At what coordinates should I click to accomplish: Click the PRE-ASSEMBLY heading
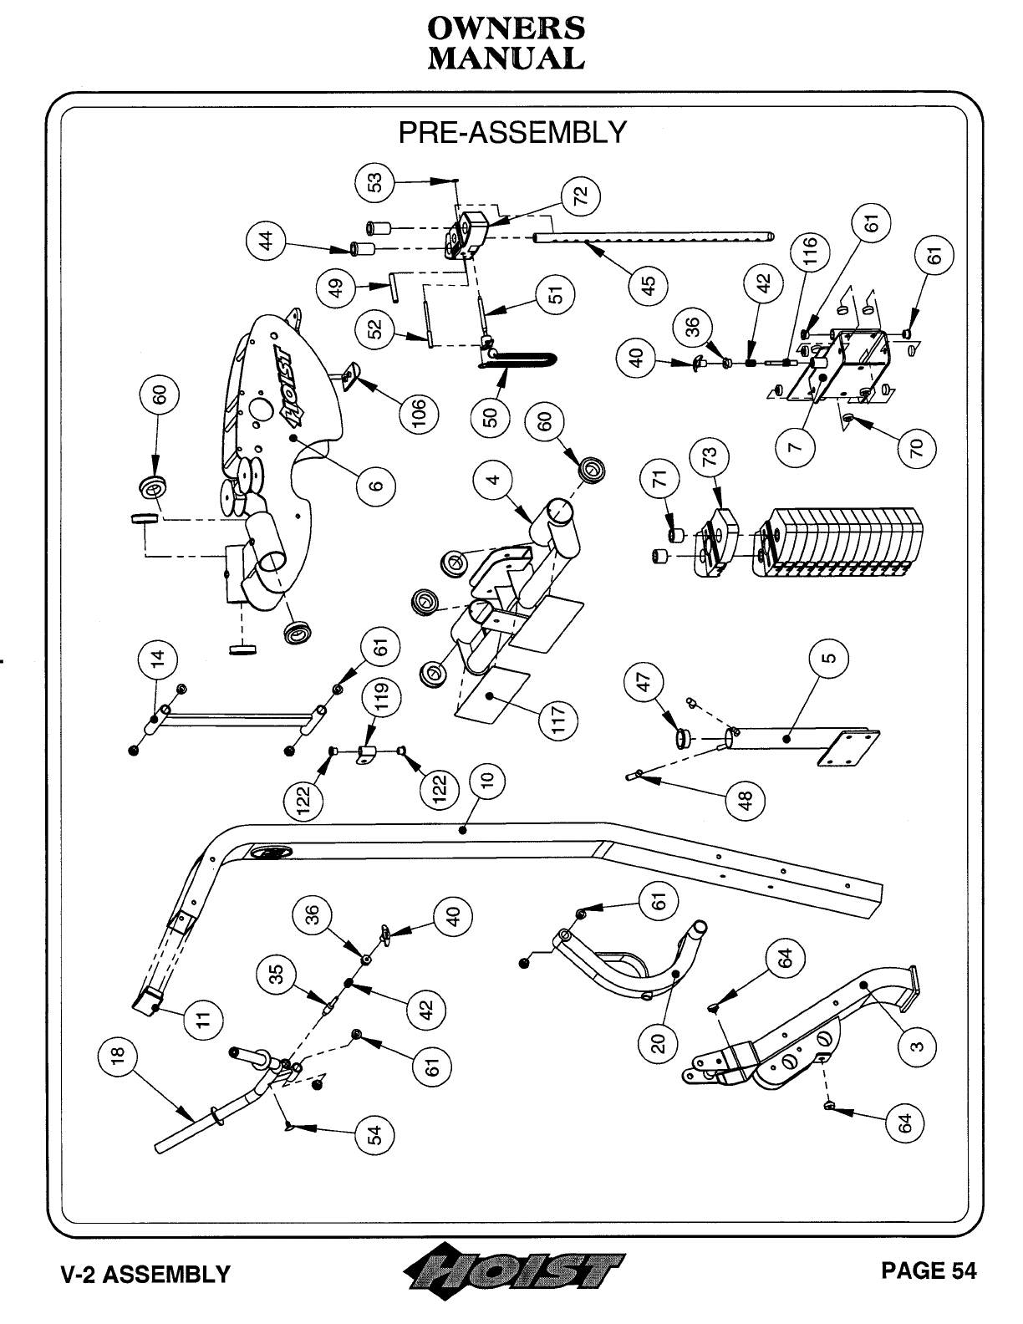pyautogui.click(x=511, y=132)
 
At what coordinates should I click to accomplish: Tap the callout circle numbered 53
pyautogui.click(x=375, y=181)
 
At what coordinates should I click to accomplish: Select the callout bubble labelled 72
pyautogui.click(x=581, y=196)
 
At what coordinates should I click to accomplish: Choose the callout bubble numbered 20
pyautogui.click(x=659, y=1043)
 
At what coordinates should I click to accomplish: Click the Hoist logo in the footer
pyautogui.click(x=512, y=1272)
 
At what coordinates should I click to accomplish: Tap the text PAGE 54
pyautogui.click(x=928, y=1271)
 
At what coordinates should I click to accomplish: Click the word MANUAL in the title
pyautogui.click(x=506, y=59)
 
